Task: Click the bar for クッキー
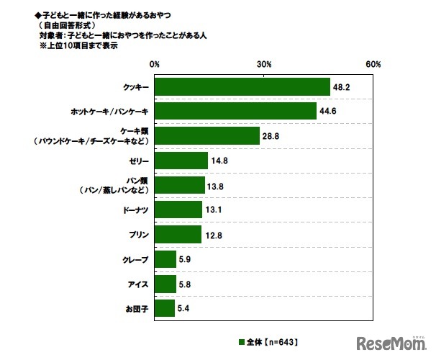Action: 242,87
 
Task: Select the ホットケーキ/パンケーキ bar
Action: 236,112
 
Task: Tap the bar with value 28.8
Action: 207,136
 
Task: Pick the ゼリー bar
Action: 181,161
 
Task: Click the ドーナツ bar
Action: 178,210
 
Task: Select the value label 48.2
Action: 341,87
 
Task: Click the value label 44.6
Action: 328,112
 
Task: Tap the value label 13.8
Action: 216,185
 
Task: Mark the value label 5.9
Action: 186,258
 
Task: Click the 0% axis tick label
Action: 155,65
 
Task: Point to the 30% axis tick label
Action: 264,65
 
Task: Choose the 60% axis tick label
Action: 373,65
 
